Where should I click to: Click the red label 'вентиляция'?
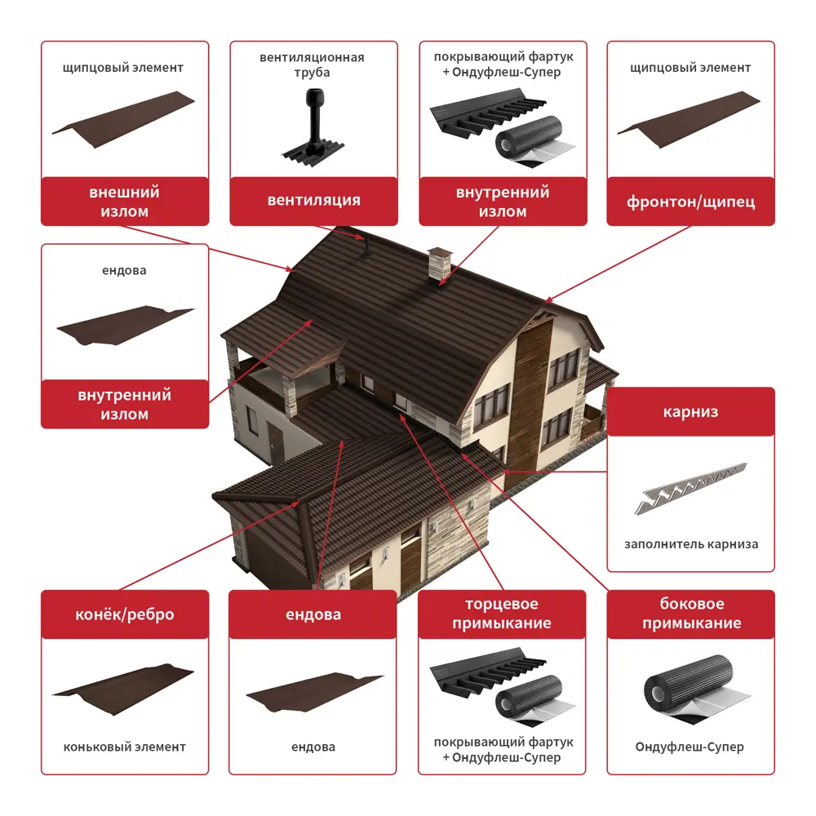pyautogui.click(x=314, y=201)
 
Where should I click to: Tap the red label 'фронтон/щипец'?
pyautogui.click(x=690, y=201)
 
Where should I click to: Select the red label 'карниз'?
pyautogui.click(x=690, y=411)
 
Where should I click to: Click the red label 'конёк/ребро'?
pyautogui.click(x=125, y=614)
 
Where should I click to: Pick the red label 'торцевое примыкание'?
pyautogui.click(x=502, y=614)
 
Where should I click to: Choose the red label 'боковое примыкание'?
pyautogui.click(x=691, y=614)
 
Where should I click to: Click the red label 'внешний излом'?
pyautogui.click(x=125, y=201)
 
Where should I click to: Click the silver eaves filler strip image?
pyautogui.click(x=690, y=488)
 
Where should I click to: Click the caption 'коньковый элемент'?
pyautogui.click(x=124, y=747)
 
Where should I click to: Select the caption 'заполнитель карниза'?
pyautogui.click(x=691, y=544)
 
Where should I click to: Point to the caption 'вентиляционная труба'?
pyautogui.click(x=313, y=64)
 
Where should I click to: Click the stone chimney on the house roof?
pyautogui.click(x=440, y=266)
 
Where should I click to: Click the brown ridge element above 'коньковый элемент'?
pyautogui.click(x=124, y=689)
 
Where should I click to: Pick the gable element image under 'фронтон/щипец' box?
pyautogui.click(x=689, y=120)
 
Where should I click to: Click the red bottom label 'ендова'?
pyautogui.click(x=313, y=614)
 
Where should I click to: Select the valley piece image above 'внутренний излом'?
pyautogui.click(x=125, y=326)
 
